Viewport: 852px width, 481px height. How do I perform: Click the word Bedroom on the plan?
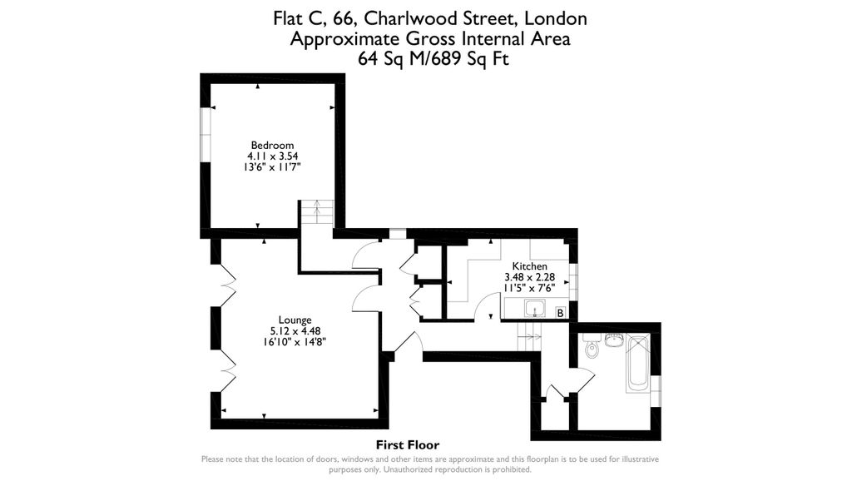tap(272, 146)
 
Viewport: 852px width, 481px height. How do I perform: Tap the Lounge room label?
tap(295, 320)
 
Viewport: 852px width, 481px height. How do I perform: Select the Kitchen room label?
tap(529, 266)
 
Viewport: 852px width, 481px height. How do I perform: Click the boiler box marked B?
tap(560, 313)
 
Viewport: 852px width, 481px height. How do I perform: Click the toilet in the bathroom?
tap(592, 348)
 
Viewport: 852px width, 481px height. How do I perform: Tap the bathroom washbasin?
tap(614, 340)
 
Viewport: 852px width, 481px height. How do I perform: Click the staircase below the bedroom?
tap(316, 214)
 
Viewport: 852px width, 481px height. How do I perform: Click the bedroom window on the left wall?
tap(203, 136)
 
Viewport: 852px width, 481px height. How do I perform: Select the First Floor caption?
tap(407, 445)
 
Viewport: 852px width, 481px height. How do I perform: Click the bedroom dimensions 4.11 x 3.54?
tap(272, 156)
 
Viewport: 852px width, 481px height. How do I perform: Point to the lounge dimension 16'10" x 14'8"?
tap(295, 340)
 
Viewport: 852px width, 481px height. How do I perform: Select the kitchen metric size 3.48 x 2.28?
tap(529, 276)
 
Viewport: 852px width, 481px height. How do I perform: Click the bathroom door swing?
tap(583, 380)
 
